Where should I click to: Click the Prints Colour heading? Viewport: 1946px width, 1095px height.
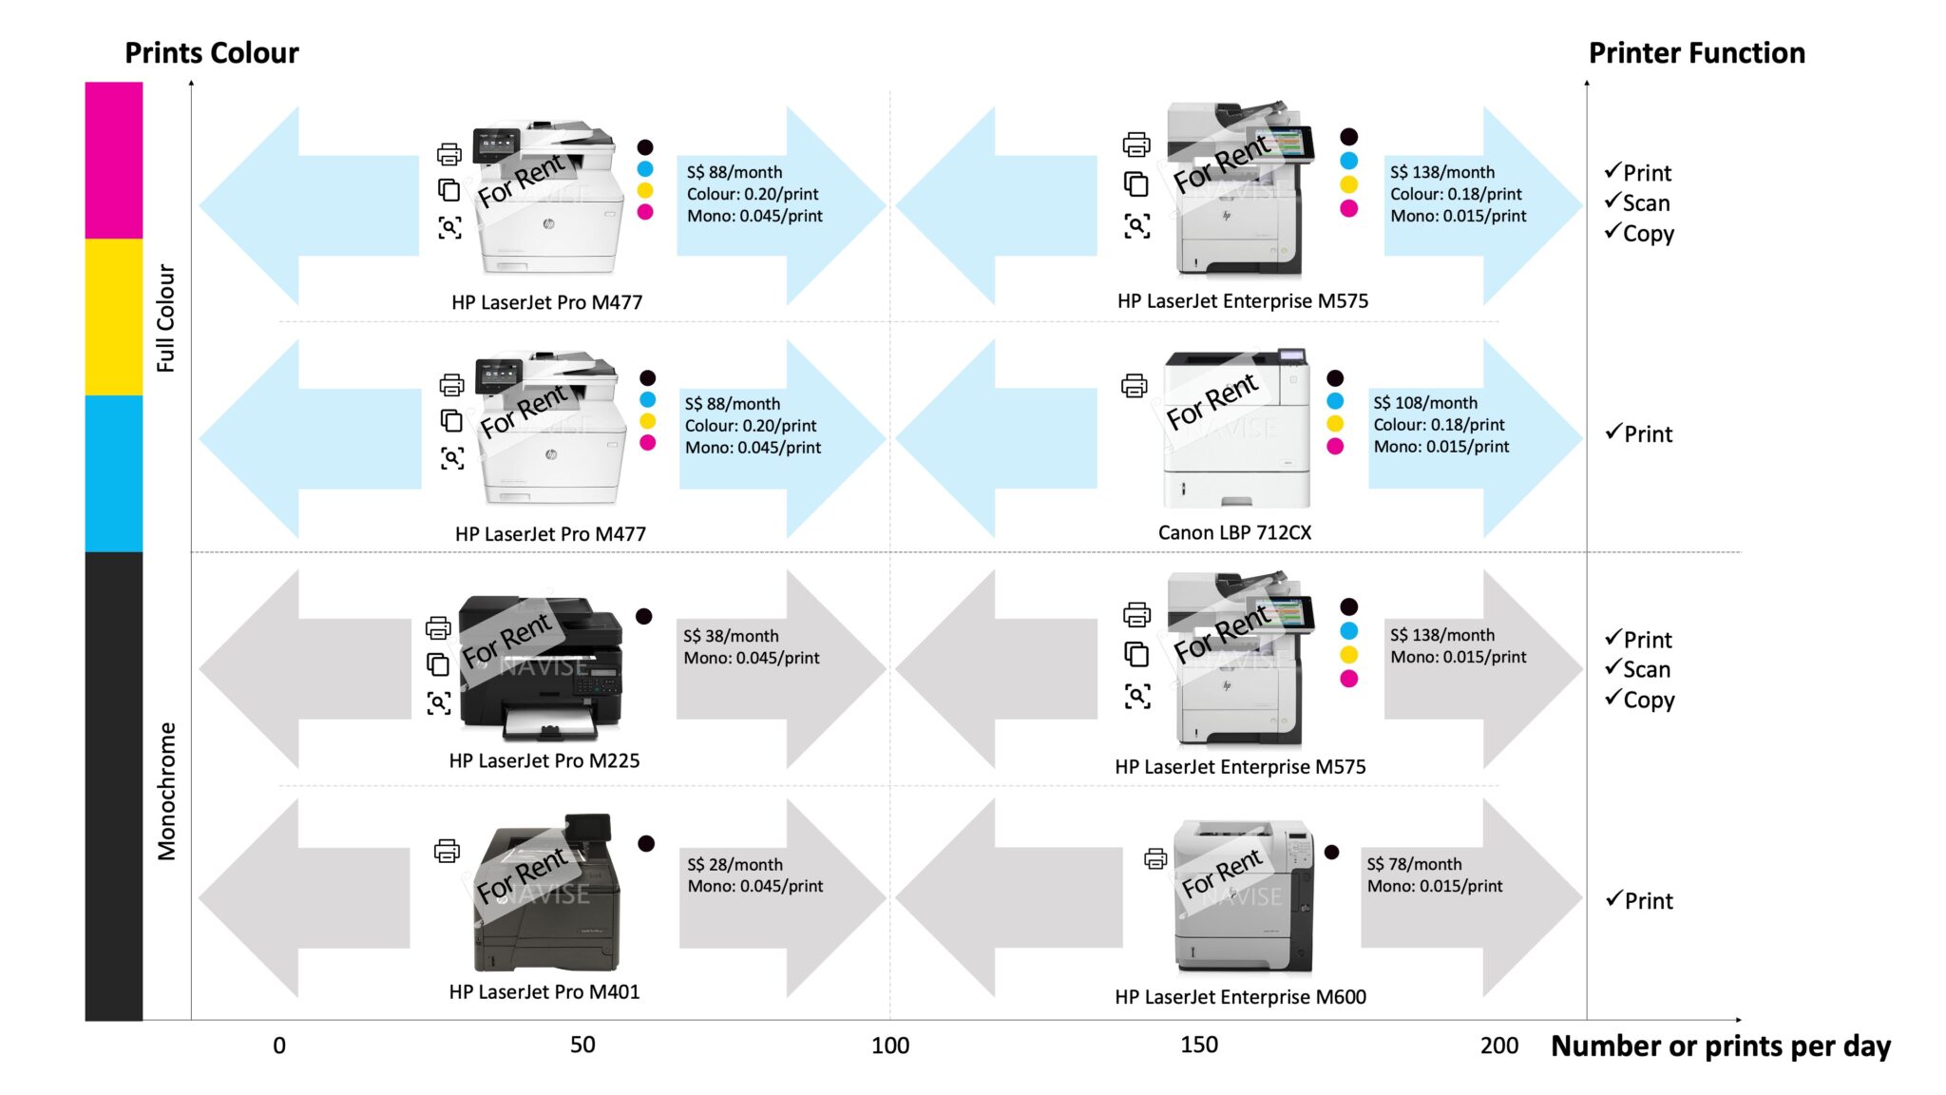[211, 52]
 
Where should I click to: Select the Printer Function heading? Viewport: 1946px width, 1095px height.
[1696, 52]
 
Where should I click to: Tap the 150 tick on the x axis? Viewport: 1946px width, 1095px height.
[1198, 1045]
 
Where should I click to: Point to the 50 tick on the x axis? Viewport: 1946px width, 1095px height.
[582, 1045]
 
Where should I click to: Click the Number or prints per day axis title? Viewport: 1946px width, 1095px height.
[1720, 1046]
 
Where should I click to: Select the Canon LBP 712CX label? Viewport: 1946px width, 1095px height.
[1234, 532]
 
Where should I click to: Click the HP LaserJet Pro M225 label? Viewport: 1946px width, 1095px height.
[544, 760]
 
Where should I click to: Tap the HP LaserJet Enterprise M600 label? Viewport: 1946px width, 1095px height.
[1240, 996]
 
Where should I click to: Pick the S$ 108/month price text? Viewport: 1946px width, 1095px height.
[1424, 403]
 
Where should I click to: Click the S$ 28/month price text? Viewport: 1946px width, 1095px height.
[735, 864]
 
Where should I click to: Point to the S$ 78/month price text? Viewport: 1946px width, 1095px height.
[1414, 864]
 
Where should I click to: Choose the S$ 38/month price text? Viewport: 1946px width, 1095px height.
[730, 636]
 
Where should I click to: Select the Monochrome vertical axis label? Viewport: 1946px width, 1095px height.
[167, 791]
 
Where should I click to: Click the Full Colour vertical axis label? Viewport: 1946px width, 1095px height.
[166, 317]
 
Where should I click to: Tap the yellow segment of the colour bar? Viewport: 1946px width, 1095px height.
[113, 317]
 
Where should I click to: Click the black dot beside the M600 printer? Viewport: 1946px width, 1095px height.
[1331, 853]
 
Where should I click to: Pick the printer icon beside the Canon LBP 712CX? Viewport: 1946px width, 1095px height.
[1134, 386]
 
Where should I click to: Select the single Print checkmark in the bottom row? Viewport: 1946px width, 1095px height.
[1640, 900]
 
